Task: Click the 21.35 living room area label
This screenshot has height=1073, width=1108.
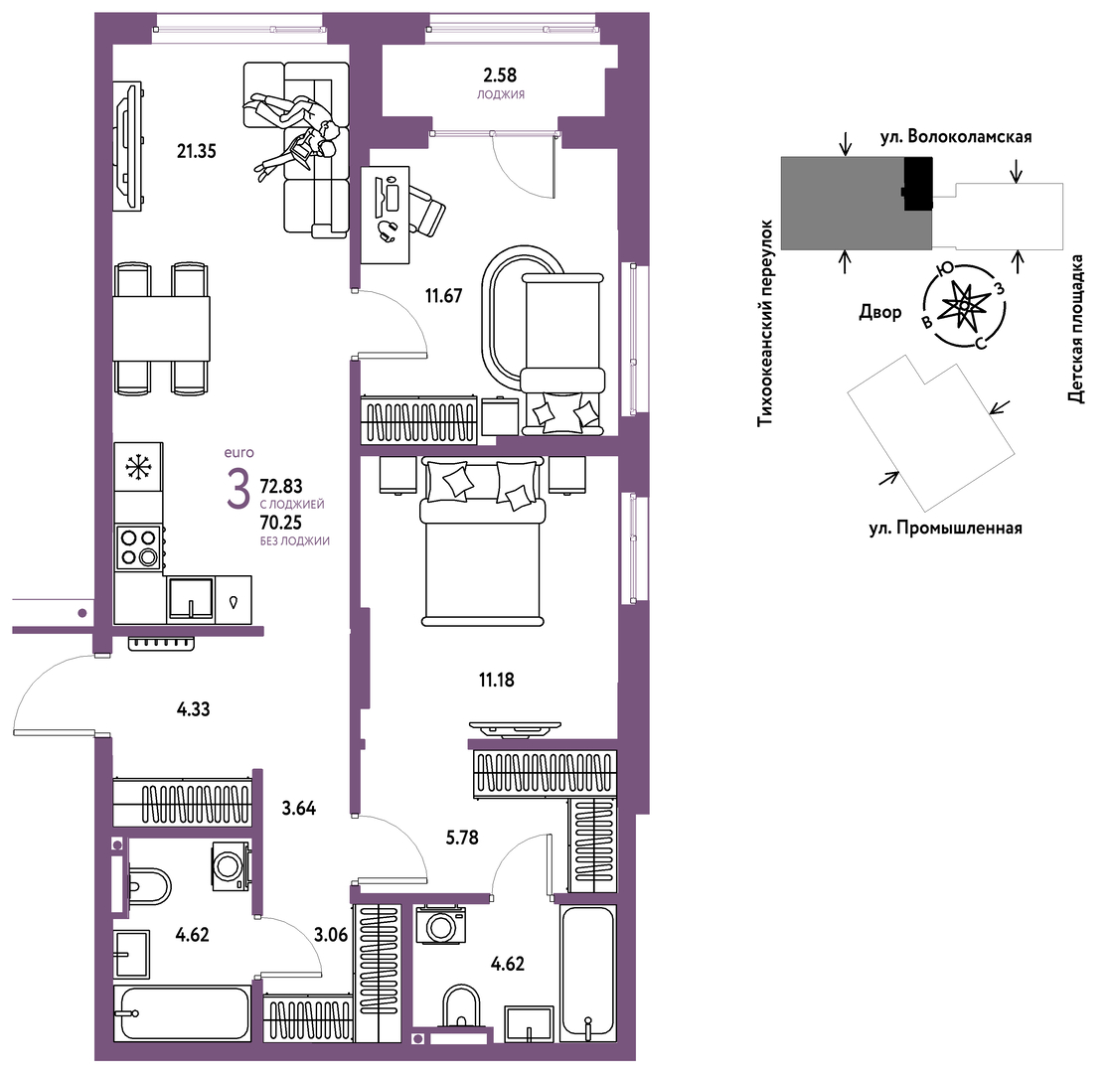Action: tap(197, 151)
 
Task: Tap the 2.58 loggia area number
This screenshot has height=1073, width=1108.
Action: tap(500, 75)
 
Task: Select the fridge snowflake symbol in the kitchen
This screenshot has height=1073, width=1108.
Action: tap(138, 467)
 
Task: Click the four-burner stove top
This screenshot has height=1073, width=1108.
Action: tap(139, 547)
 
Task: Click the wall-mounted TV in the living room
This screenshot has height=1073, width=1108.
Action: tap(128, 147)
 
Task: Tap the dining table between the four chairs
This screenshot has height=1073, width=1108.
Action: tap(161, 328)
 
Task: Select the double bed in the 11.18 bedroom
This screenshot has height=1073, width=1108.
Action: tap(483, 540)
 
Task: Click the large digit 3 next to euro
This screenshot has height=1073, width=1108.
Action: tap(238, 489)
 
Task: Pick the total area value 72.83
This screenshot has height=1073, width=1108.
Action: tap(281, 486)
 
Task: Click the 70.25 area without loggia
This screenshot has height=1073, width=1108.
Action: tap(281, 523)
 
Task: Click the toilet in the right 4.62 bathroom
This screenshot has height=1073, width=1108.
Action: tap(461, 1005)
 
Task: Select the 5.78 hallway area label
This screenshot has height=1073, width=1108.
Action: tap(462, 838)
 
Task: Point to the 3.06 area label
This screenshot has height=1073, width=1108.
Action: tap(331, 935)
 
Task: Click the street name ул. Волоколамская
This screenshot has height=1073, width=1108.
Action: tap(955, 136)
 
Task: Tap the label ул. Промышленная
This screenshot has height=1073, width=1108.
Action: tap(945, 528)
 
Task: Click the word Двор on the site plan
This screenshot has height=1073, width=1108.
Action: tap(879, 312)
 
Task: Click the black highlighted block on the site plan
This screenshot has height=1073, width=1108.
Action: tap(918, 183)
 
